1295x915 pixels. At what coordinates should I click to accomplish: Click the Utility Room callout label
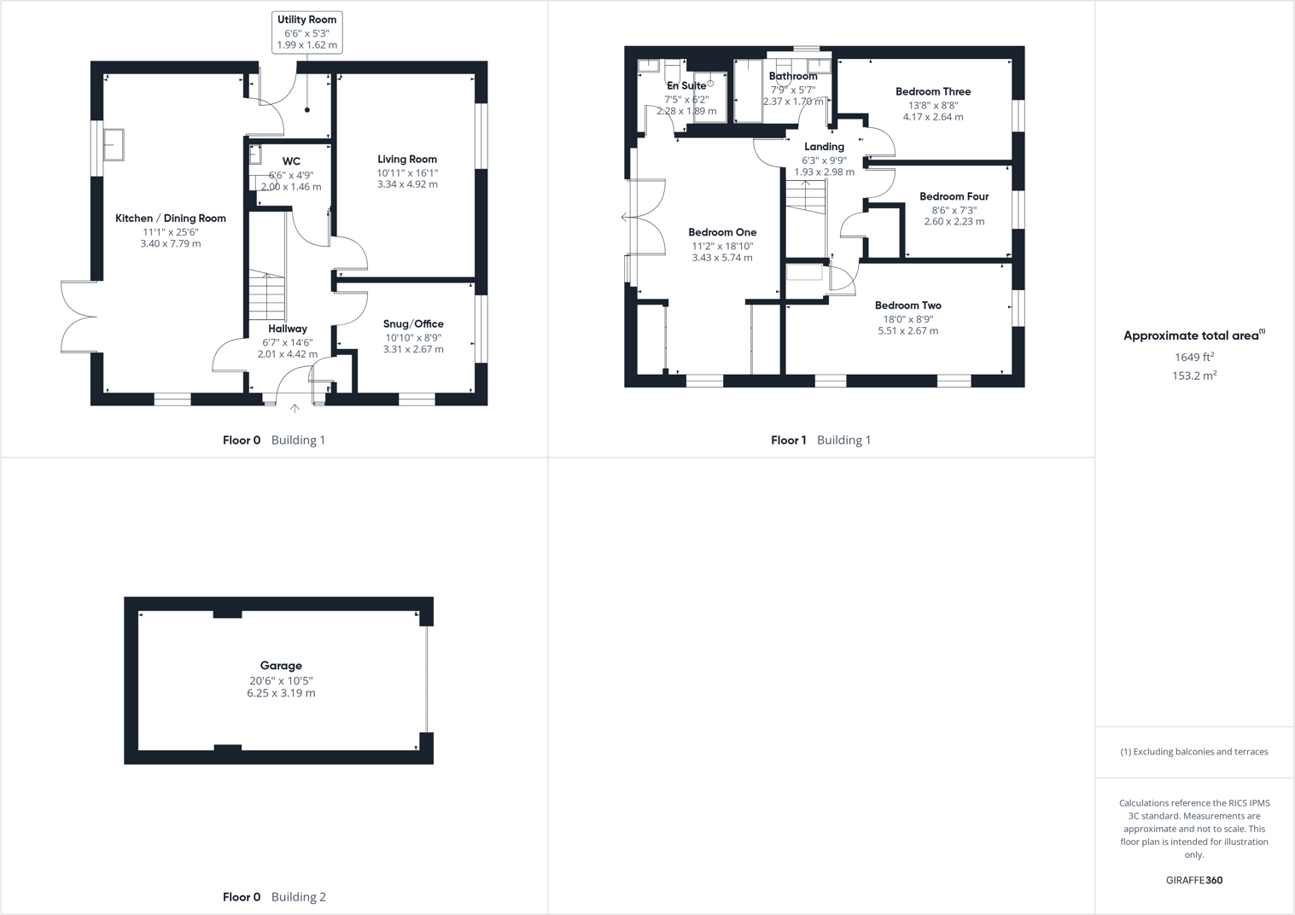point(306,20)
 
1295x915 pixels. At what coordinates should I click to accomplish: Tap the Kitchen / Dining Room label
point(171,219)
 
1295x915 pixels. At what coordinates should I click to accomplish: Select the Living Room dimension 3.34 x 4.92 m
point(407,184)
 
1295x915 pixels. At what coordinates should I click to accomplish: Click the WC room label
point(291,161)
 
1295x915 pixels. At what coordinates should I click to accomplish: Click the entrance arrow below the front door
point(295,409)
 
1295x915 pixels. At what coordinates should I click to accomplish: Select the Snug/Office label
point(413,324)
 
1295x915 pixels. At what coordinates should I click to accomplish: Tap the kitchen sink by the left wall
point(114,144)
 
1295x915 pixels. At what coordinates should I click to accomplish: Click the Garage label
point(281,666)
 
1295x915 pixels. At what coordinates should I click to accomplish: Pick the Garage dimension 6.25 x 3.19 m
point(281,693)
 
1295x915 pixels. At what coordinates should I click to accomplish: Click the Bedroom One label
point(722,232)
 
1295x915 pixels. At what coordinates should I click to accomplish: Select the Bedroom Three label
point(933,91)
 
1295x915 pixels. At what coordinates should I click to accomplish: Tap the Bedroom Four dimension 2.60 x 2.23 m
point(954,222)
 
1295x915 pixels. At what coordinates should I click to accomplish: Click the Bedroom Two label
point(907,306)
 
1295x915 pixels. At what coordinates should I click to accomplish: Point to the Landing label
point(824,147)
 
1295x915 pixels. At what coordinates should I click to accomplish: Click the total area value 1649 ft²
point(1193,358)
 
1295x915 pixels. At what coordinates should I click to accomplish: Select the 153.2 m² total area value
point(1193,376)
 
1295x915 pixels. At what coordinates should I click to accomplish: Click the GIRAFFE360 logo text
point(1193,880)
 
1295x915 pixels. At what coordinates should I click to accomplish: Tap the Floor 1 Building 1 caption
point(820,440)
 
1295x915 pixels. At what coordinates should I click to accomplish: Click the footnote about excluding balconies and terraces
point(1193,752)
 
